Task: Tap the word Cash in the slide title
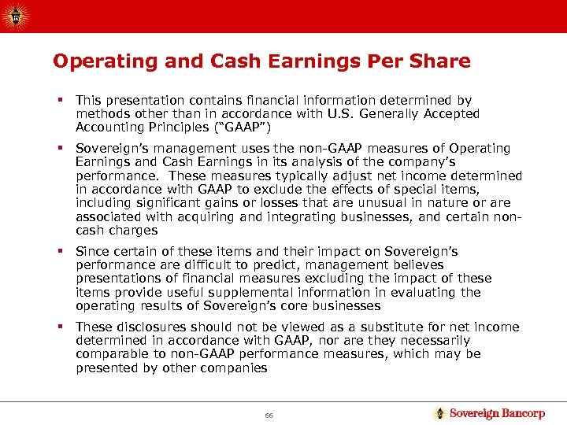(x=213, y=61)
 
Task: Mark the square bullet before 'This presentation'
(x=60, y=101)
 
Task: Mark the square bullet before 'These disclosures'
(x=60, y=327)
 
